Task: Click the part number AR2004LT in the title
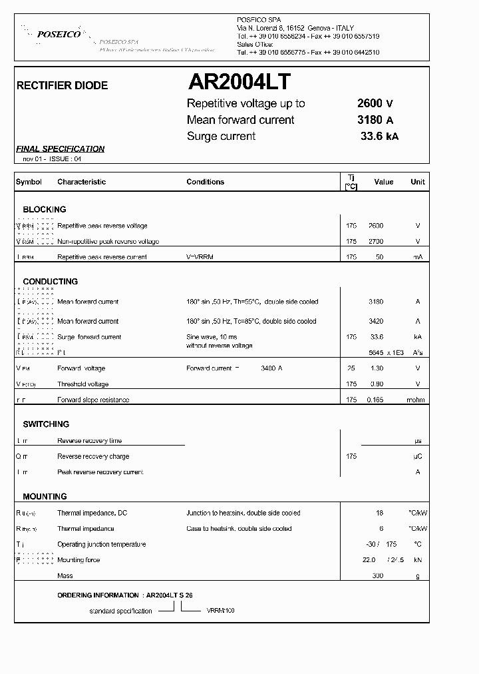pyautogui.click(x=239, y=82)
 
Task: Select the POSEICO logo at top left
pyautogui.click(x=59, y=33)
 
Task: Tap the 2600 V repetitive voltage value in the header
pyautogui.click(x=375, y=103)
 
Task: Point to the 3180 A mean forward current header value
pyautogui.click(x=375, y=120)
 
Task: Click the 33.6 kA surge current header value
pyautogui.click(x=379, y=137)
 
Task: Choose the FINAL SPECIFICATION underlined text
pyautogui.click(x=60, y=149)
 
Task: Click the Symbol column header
pyautogui.click(x=29, y=182)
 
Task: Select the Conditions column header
pyautogui.click(x=205, y=182)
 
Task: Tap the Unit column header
pyautogui.click(x=417, y=182)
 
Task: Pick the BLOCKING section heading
pyautogui.click(x=44, y=209)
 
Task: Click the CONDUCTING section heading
pyautogui.click(x=50, y=282)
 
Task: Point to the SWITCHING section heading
pyautogui.click(x=46, y=424)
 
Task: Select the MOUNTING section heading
pyautogui.click(x=45, y=497)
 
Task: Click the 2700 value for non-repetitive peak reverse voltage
pyautogui.click(x=376, y=242)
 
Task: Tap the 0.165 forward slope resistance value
pyautogui.click(x=375, y=400)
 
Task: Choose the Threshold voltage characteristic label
pyautogui.click(x=82, y=384)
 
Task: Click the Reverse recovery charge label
pyautogui.click(x=93, y=457)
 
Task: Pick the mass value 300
pyautogui.click(x=377, y=576)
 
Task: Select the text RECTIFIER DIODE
pyautogui.click(x=61, y=86)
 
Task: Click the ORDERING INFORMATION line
pyautogui.click(x=126, y=595)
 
